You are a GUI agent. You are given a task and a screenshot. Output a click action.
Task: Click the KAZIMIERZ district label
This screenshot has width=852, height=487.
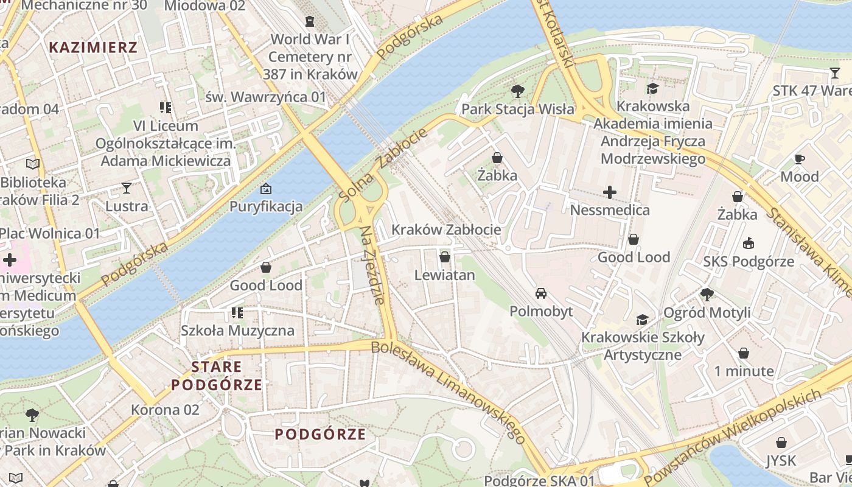pyautogui.click(x=93, y=47)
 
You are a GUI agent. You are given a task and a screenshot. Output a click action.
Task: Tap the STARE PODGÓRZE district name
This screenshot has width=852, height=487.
pyautogui.click(x=217, y=376)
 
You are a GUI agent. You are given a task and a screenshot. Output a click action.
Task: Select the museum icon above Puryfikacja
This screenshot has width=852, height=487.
pyautogui.click(x=265, y=189)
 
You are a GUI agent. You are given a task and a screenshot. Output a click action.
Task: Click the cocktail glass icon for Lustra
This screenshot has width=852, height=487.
pyautogui.click(x=127, y=187)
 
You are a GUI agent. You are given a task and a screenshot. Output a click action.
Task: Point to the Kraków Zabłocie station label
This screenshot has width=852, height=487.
pyautogui.click(x=446, y=229)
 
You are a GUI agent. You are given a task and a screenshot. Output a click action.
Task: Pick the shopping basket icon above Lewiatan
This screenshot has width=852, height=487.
pyautogui.click(x=445, y=257)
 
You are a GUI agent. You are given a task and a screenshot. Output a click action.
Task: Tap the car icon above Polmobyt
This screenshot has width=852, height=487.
pyautogui.click(x=540, y=293)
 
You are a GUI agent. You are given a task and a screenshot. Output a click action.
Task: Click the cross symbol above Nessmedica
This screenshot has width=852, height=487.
pyautogui.click(x=610, y=192)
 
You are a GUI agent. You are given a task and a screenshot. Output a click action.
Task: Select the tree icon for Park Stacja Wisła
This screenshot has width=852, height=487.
pyautogui.click(x=518, y=91)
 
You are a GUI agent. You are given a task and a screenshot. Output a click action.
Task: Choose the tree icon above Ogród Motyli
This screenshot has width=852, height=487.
pyautogui.click(x=707, y=295)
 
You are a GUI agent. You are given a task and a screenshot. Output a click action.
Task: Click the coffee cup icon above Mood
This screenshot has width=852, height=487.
pyautogui.click(x=800, y=159)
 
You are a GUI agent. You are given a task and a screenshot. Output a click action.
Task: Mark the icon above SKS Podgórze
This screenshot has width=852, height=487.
pyautogui.click(x=748, y=243)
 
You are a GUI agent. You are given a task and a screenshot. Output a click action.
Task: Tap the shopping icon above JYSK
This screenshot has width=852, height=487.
pyautogui.click(x=781, y=443)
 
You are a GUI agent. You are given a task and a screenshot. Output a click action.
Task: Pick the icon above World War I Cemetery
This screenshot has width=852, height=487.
pyautogui.click(x=310, y=21)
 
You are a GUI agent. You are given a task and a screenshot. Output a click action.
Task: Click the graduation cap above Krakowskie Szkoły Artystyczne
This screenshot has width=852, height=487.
pyautogui.click(x=642, y=320)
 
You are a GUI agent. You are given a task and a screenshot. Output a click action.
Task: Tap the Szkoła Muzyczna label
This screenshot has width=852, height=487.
pyautogui.click(x=237, y=331)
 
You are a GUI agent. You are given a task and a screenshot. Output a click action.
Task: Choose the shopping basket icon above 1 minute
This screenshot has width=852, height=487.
pyautogui.click(x=744, y=353)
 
